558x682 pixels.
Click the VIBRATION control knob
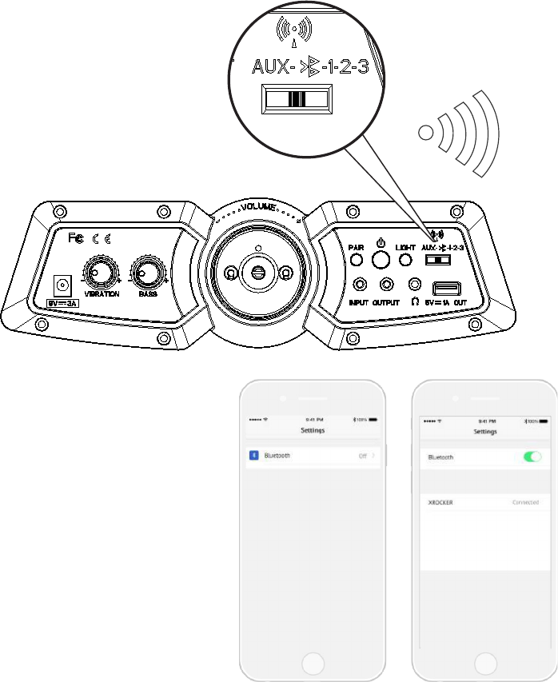pos(101,274)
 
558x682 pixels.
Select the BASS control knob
pos(147,274)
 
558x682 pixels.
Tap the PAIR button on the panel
pos(356,261)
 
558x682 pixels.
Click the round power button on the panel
pos(381,259)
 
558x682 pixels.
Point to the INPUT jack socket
pos(359,285)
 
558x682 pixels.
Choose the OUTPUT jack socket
pos(387,285)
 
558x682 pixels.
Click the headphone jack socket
pos(414,285)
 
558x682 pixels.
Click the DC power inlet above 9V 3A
pos(62,285)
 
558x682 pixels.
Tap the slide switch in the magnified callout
pos(296,98)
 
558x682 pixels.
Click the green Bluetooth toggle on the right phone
pos(532,457)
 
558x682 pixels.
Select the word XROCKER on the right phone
pos(440,503)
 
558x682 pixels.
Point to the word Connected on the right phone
pos(525,503)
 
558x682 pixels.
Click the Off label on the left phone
pos(362,455)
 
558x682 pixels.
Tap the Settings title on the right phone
pos(485,432)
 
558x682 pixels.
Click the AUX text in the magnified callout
pos(271,67)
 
